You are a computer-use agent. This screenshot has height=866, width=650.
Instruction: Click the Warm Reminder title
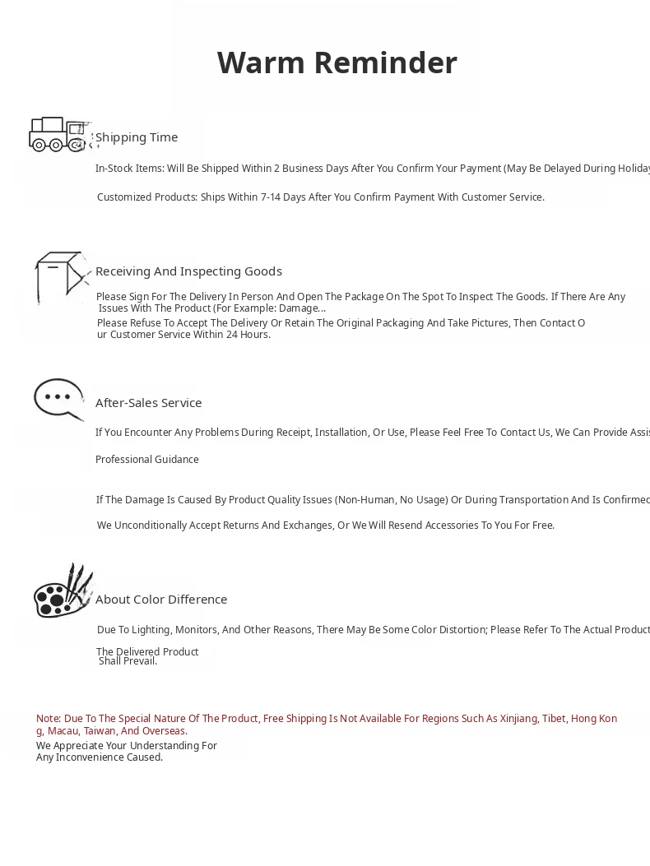337,63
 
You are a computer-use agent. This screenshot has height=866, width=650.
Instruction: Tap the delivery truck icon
58,135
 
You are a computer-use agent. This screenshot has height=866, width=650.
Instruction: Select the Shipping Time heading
137,137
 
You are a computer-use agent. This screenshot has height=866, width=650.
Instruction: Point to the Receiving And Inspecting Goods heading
188,271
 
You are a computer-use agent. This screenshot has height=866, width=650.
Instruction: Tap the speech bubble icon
58,399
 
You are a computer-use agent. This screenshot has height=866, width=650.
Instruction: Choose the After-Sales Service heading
148,403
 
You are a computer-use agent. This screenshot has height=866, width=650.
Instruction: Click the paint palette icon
63,591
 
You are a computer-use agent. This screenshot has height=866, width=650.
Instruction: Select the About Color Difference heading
161,600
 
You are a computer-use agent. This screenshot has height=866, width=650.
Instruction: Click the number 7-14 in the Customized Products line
271,197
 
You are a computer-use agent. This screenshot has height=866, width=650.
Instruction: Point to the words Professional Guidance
146,460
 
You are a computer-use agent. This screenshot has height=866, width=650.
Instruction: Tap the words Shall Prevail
128,661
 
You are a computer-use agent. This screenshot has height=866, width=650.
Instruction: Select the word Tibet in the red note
554,719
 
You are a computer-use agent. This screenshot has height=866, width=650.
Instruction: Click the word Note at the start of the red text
48,719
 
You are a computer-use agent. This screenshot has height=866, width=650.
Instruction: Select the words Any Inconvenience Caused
99,757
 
